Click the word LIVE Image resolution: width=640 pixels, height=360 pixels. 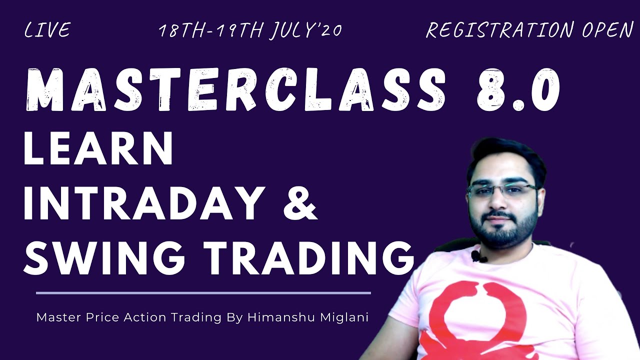[x=47, y=30]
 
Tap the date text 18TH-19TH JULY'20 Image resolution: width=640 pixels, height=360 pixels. [x=250, y=30]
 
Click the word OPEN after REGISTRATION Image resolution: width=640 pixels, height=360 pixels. [x=607, y=30]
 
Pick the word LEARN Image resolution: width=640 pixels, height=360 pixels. [x=98, y=149]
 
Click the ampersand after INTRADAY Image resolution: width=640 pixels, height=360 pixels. [x=300, y=203]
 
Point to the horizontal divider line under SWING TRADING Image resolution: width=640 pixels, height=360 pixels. [x=203, y=293]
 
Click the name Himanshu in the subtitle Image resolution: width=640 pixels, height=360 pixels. [x=273, y=317]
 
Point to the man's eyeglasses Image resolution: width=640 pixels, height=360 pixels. [x=502, y=190]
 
